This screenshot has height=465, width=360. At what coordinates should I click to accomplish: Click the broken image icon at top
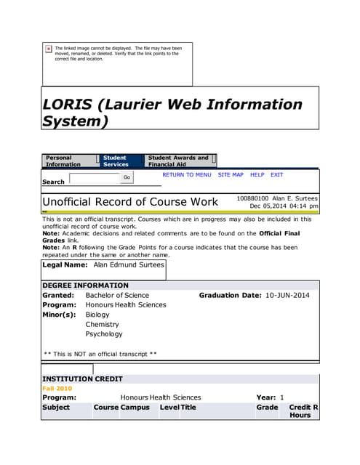49,49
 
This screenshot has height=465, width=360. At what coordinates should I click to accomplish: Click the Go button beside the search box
126,177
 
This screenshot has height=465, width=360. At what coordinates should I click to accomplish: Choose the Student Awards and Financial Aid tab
178,161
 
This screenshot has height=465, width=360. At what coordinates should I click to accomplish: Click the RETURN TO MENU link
187,175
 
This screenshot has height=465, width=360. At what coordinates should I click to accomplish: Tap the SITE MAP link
231,175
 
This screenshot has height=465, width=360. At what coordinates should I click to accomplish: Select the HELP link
257,175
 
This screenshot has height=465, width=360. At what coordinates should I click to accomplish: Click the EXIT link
277,175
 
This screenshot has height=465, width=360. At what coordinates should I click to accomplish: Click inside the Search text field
93,178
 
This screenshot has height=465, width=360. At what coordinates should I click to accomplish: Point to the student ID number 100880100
252,198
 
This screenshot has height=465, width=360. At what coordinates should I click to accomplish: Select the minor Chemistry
103,325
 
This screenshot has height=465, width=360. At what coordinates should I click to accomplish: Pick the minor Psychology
104,334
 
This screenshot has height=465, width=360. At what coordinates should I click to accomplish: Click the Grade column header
267,408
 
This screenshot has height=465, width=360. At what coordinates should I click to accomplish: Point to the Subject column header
56,408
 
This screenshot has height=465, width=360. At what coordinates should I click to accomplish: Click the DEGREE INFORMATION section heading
86,286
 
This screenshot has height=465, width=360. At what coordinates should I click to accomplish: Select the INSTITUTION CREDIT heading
82,379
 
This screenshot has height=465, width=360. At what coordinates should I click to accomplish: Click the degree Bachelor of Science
117,296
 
